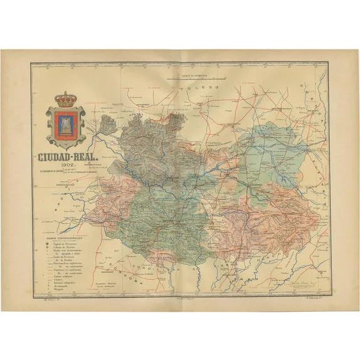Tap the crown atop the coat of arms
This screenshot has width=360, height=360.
point(66,99)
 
